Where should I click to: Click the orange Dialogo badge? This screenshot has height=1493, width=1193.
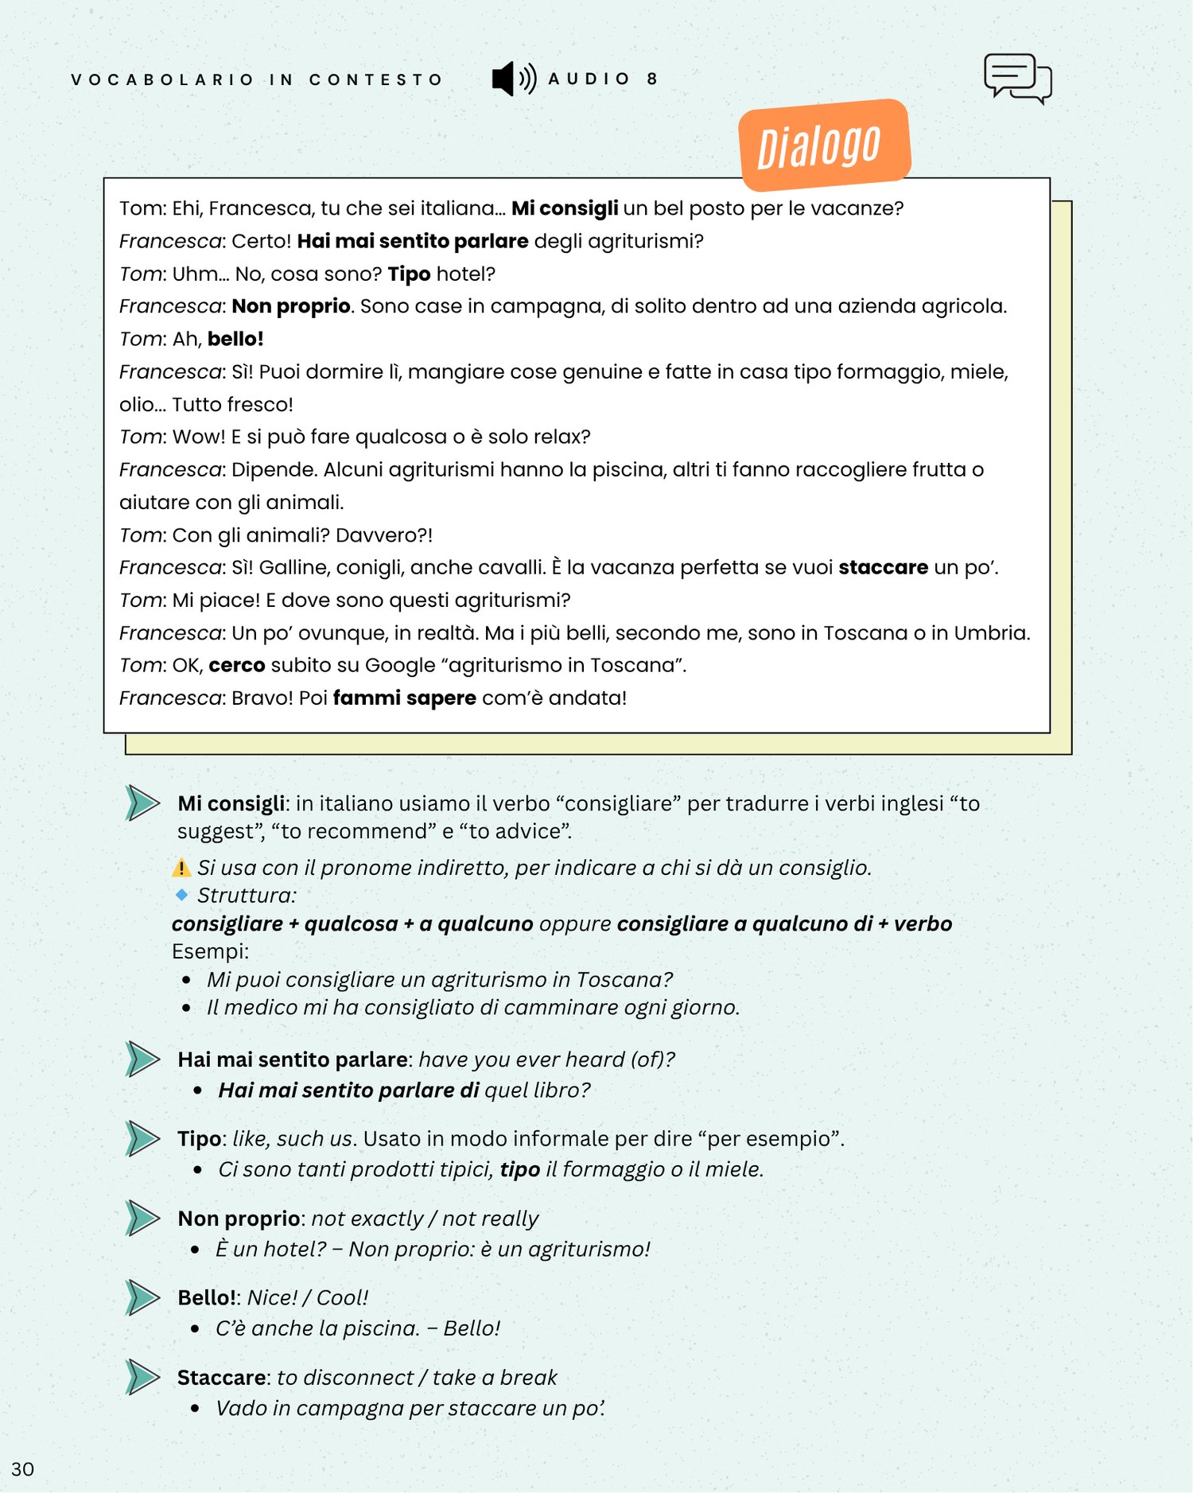(824, 146)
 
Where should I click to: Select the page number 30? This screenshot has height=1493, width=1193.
(22, 1469)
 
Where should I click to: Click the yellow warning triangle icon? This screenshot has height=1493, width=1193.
(181, 867)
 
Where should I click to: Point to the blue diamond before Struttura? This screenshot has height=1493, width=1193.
(181, 895)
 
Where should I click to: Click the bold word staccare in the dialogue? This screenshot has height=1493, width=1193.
(883, 567)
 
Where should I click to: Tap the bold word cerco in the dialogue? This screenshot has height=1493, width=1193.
(236, 665)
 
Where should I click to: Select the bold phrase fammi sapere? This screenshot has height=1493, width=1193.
(404, 698)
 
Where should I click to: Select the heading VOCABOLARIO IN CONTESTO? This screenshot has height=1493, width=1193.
(256, 80)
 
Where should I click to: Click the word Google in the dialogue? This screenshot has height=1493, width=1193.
(395, 665)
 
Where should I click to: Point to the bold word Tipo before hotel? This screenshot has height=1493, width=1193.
(409, 274)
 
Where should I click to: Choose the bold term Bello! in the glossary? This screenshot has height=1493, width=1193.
(207, 1297)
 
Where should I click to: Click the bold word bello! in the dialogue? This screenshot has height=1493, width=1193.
(235, 339)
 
